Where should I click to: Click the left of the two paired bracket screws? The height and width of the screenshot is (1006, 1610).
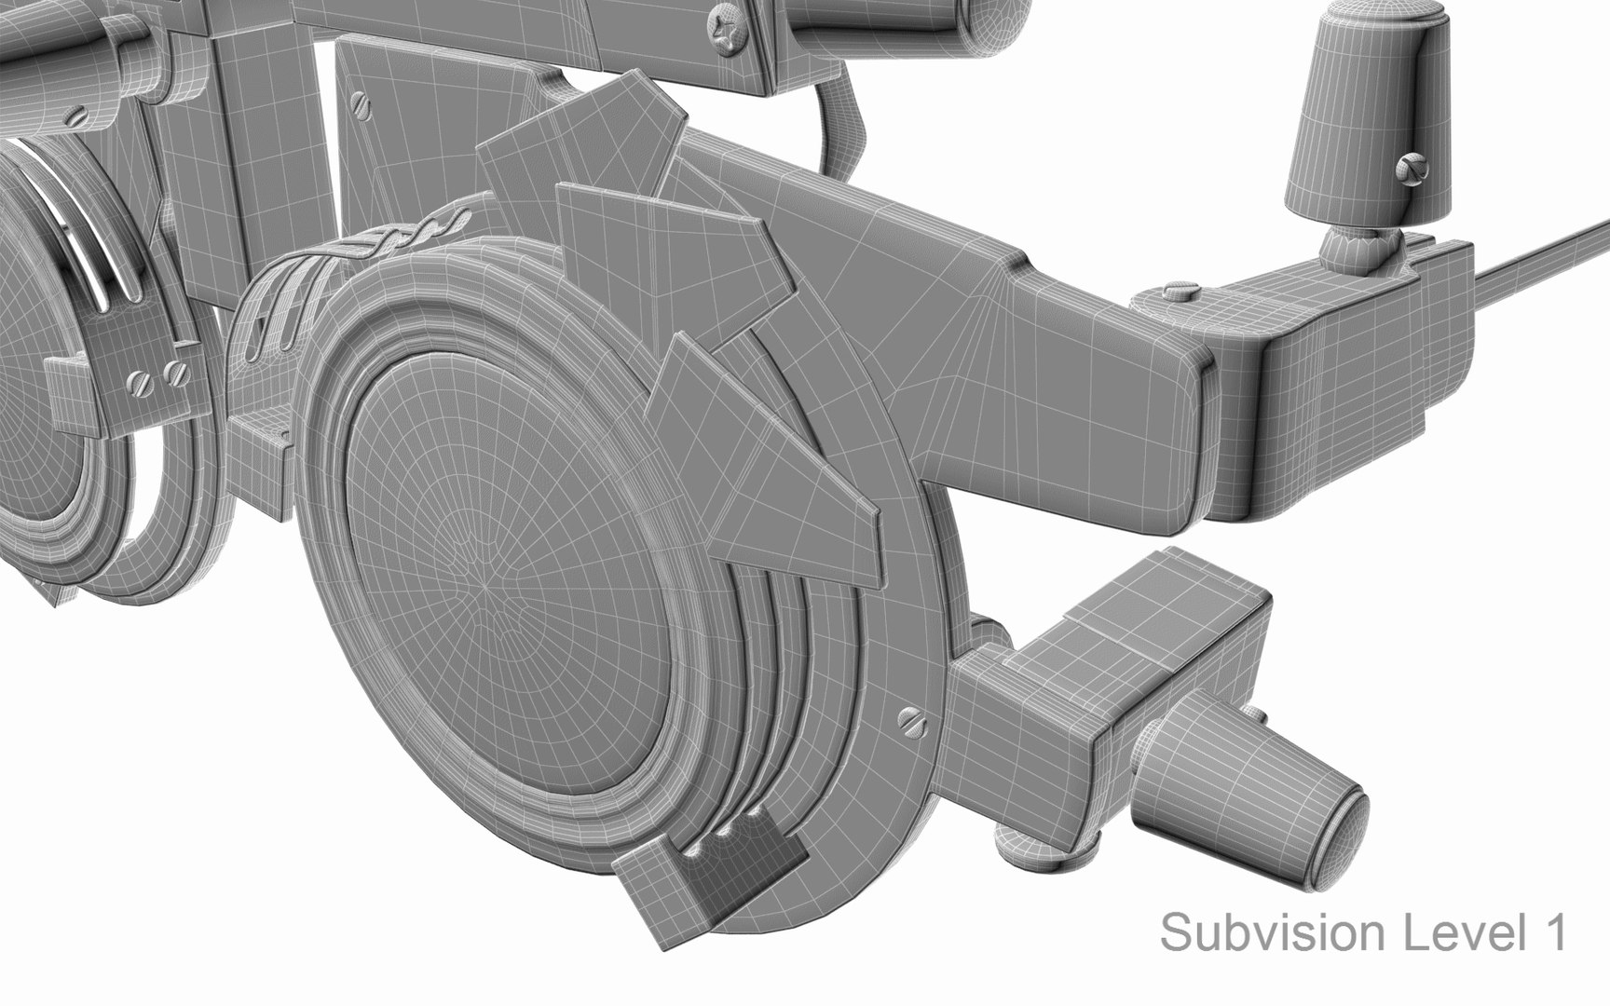(x=142, y=381)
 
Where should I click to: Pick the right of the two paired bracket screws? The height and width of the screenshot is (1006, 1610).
(x=175, y=374)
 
